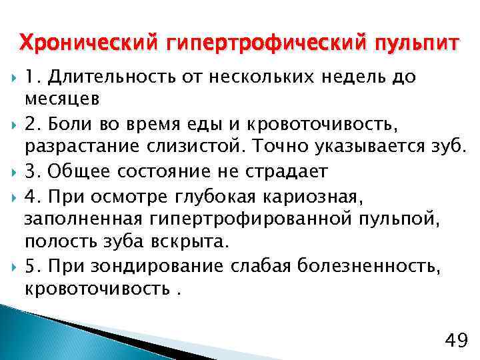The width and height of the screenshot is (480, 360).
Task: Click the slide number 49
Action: pos(455,341)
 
